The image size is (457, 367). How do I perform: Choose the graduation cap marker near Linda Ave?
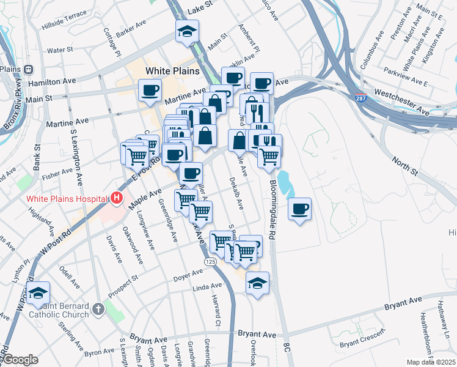[257, 283]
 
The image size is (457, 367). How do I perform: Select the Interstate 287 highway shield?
[361, 97]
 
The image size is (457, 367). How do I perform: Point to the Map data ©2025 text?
[431, 362]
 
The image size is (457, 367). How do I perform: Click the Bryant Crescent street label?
[362, 343]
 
